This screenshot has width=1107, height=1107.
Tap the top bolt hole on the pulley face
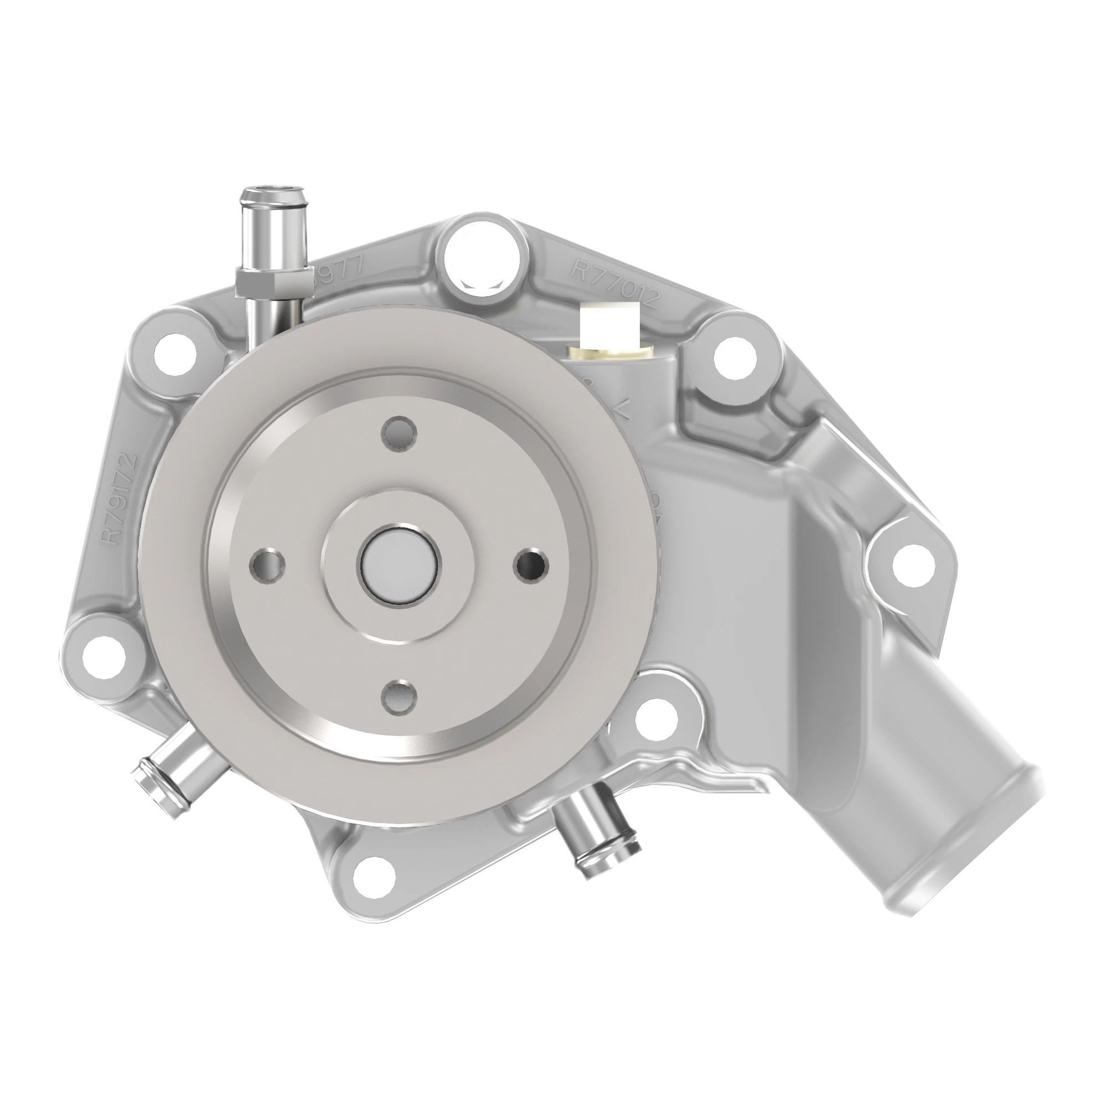coord(400,434)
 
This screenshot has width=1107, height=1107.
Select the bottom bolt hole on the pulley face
coord(400,697)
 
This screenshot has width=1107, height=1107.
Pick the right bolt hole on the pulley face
coord(531,565)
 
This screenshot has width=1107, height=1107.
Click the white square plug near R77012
coord(609,327)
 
